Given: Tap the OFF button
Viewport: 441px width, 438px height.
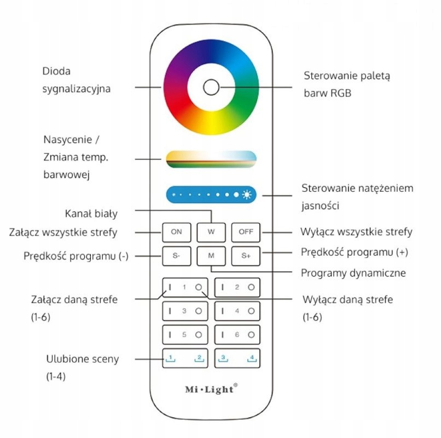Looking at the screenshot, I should (x=246, y=232).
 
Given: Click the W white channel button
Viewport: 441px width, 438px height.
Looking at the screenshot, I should (x=211, y=232).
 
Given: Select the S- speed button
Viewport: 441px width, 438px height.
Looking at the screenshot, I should (x=177, y=256).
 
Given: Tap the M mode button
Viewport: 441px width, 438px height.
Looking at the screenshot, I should (x=211, y=256).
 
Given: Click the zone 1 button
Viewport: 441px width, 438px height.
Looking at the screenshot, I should (x=185, y=287).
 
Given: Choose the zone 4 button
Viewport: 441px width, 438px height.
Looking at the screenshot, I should (x=237, y=311).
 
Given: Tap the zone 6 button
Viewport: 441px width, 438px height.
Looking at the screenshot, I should (x=237, y=335).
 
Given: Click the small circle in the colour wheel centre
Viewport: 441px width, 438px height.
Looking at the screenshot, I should (x=211, y=88).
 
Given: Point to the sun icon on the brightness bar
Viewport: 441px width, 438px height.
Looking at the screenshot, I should (x=249, y=194).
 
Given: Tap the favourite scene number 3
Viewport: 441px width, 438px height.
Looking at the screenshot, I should (x=223, y=359).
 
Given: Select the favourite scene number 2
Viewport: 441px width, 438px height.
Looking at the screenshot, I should (x=199, y=359).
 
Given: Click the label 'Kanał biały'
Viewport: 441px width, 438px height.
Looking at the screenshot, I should (x=91, y=214).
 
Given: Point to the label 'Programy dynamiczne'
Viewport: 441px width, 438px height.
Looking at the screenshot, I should (x=353, y=273).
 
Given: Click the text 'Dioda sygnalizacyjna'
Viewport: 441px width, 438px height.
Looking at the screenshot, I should (x=77, y=79).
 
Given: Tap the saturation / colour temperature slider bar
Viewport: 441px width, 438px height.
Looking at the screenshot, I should (x=211, y=159).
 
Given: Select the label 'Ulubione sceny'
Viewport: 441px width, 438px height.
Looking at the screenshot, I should (x=83, y=359).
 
